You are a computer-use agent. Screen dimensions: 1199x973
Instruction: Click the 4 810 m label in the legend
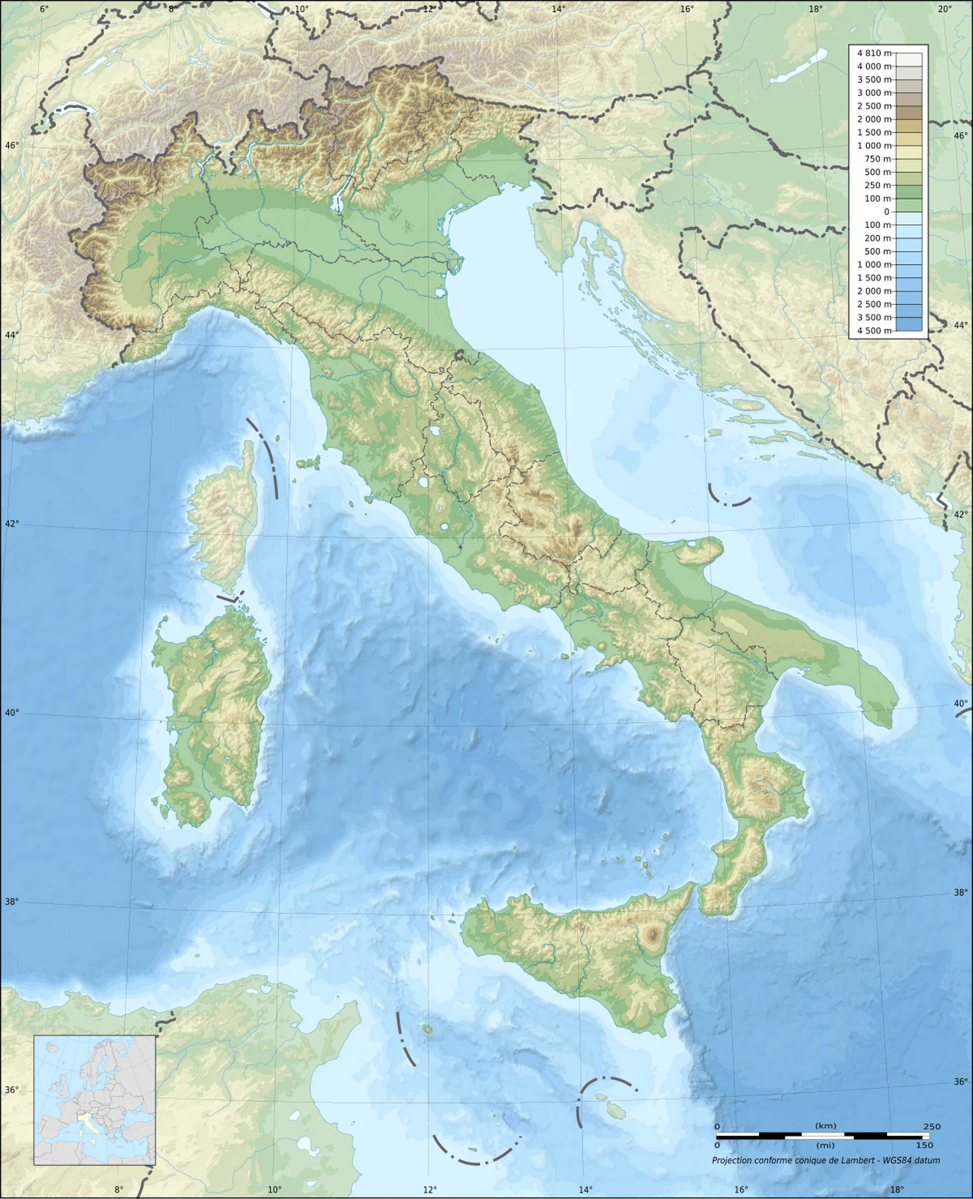[873, 53]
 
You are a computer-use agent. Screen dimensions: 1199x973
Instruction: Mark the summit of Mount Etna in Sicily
[653, 934]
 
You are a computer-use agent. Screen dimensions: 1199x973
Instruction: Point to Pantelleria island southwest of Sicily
[428, 1029]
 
